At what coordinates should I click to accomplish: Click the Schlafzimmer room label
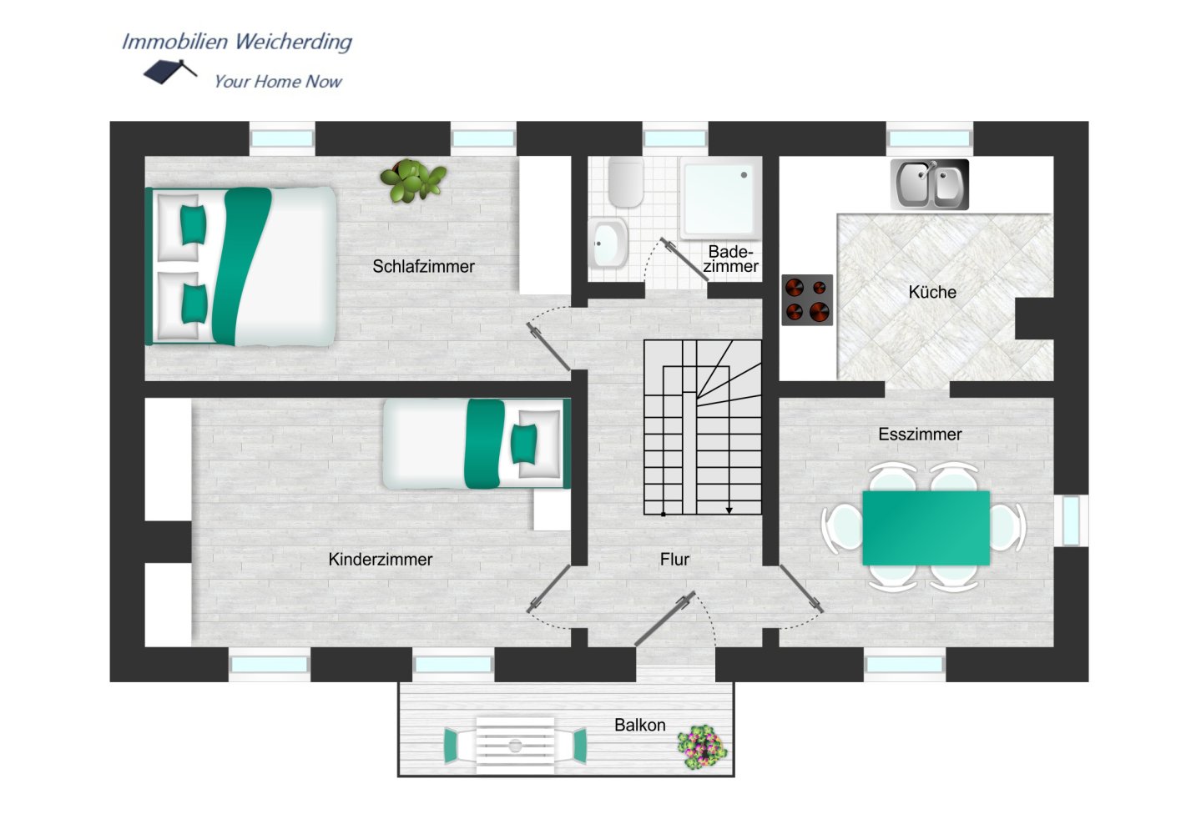(423, 267)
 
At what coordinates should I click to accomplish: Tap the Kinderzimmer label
(380, 559)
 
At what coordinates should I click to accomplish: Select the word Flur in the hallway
(674, 559)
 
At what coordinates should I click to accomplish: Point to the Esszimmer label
(920, 435)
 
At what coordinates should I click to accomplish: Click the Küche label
(932, 292)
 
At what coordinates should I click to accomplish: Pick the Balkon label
(640, 726)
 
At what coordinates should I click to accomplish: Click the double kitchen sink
(930, 184)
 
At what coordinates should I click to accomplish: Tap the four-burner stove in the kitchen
(807, 299)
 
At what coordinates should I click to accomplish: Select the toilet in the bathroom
(626, 182)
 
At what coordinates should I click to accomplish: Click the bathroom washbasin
(608, 244)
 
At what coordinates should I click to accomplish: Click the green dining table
(926, 528)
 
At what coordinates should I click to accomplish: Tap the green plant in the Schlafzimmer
(413, 180)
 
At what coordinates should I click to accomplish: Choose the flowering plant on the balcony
(702, 747)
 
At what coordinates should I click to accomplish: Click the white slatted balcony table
(515, 746)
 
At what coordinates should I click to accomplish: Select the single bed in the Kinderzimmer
(477, 445)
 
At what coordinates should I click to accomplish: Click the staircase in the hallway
(702, 427)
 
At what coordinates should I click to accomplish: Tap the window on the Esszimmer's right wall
(1071, 520)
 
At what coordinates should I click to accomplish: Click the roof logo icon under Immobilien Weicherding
(169, 72)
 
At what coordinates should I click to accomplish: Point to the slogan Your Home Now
(278, 82)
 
